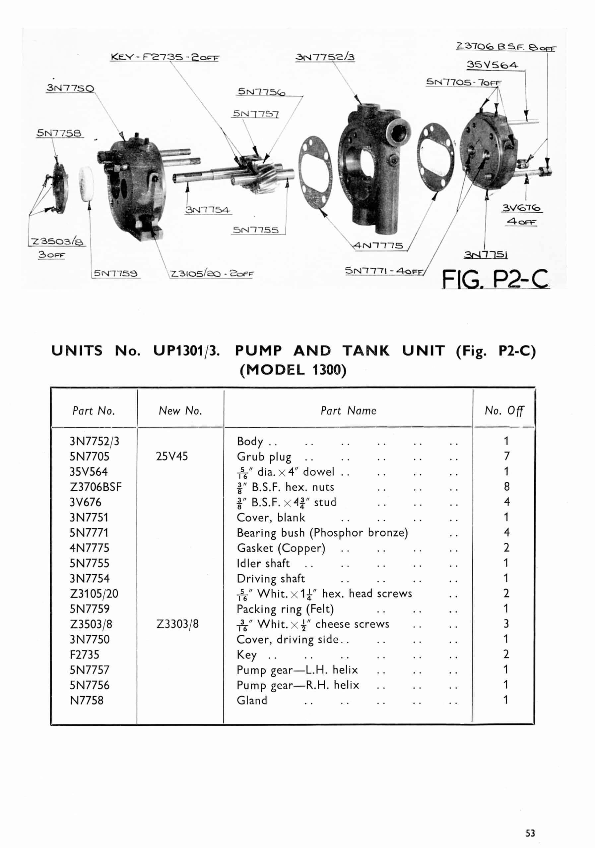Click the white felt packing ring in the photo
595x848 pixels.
[87, 184]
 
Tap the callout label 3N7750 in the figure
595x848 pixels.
[70, 88]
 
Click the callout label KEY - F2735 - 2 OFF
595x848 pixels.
[165, 57]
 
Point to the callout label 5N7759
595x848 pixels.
[115, 273]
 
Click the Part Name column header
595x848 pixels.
[348, 410]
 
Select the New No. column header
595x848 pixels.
[180, 410]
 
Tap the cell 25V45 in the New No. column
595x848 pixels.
[171, 456]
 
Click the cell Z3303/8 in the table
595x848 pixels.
[177, 624]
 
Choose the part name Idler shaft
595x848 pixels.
[263, 563]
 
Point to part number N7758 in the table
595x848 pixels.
[87, 700]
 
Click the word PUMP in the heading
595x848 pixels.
[258, 350]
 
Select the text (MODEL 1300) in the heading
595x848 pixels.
[293, 370]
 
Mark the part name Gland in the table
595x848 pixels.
[251, 700]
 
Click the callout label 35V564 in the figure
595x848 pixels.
[492, 65]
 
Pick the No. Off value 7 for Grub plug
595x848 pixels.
[506, 456]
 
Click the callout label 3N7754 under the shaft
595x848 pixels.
[208, 210]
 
